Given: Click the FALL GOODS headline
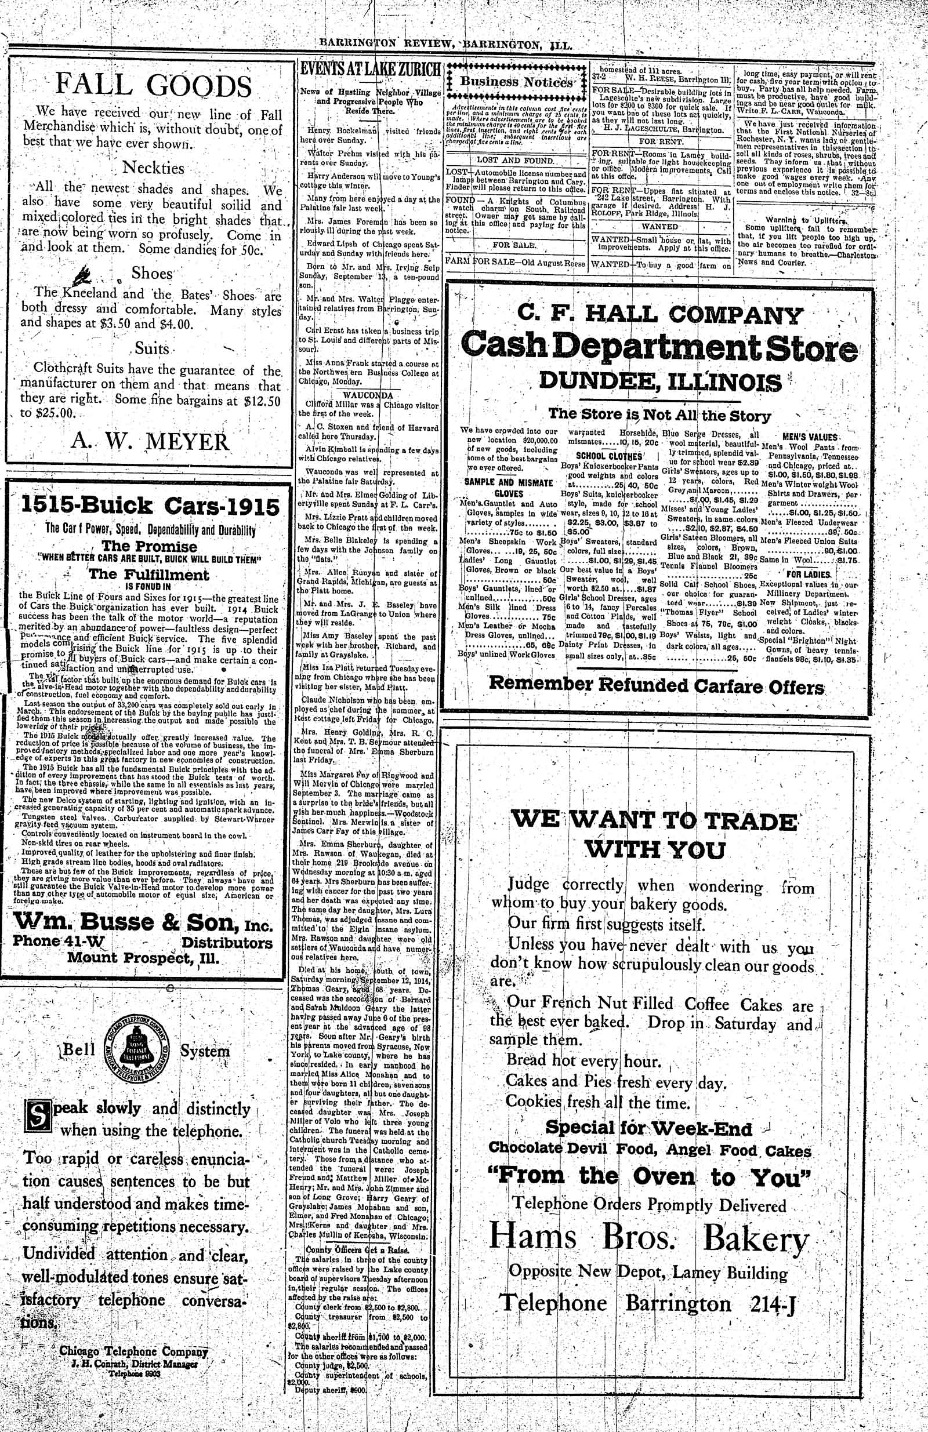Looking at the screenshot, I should [x=154, y=85].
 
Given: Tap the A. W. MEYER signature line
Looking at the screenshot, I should [x=150, y=442].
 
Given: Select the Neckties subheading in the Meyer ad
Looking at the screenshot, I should [x=154, y=168].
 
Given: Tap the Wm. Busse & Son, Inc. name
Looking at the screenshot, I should [x=143, y=921].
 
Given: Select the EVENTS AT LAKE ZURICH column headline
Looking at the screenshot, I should [x=370, y=69].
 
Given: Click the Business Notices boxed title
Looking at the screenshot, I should [x=516, y=82].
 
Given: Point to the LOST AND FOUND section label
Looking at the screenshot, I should [x=515, y=161].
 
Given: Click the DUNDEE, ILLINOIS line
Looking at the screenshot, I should [x=659, y=381].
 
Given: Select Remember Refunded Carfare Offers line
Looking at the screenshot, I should [x=656, y=685].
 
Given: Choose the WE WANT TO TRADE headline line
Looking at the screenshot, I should [x=654, y=820].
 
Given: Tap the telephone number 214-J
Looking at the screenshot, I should [x=773, y=1304].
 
